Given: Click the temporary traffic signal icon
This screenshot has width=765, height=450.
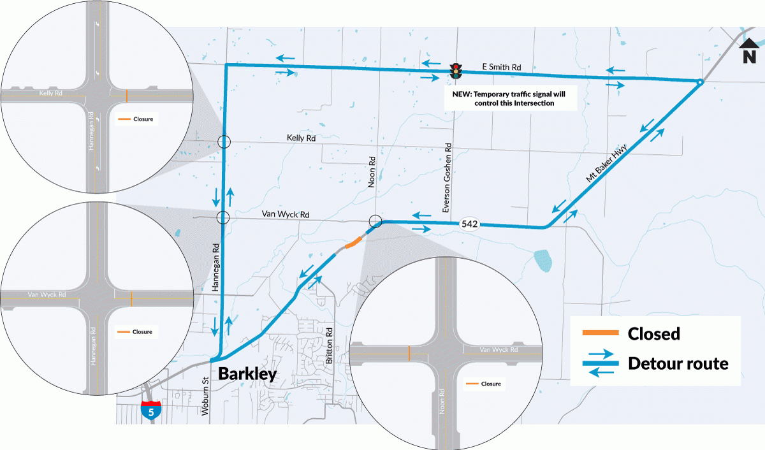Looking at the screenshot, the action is [x=456, y=71].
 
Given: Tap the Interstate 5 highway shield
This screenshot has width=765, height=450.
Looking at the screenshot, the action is [x=150, y=410].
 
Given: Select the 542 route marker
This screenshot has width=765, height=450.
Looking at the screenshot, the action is [x=470, y=224].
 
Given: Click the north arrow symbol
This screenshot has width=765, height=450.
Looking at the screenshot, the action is [x=749, y=50].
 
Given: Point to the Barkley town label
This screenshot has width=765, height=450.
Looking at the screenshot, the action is [x=247, y=374].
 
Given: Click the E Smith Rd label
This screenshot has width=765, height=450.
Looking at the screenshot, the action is [x=501, y=67].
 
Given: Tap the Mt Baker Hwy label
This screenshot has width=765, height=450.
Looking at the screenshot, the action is [x=606, y=163].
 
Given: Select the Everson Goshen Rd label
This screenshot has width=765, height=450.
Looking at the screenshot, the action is [x=447, y=178].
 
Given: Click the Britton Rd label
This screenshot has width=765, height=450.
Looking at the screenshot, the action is [x=329, y=345].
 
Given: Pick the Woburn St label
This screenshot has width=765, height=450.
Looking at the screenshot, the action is [x=205, y=396].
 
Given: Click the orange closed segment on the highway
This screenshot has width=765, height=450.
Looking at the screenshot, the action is [x=353, y=242].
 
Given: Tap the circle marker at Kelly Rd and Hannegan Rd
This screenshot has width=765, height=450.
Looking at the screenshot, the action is [x=224, y=142].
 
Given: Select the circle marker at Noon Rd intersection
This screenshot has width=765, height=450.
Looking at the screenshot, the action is [x=375, y=221].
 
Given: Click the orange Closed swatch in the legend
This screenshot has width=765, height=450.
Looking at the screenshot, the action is [x=601, y=333].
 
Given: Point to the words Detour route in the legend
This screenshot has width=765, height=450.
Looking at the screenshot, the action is [x=678, y=363].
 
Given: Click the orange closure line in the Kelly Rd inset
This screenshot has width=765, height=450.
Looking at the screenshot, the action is [x=127, y=96].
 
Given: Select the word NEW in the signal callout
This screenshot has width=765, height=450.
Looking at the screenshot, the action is [x=462, y=94].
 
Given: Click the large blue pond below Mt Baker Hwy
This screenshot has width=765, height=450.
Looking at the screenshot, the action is [x=543, y=261].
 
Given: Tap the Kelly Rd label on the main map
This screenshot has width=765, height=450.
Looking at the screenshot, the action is [x=301, y=138].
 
